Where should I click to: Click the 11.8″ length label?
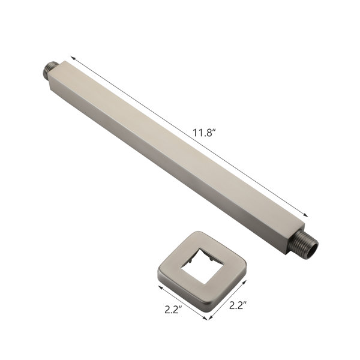point(204,133)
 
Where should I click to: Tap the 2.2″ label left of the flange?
point(173,310)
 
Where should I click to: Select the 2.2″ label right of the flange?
point(238,305)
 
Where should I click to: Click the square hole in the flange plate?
point(202,266)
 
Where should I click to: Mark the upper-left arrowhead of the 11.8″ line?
point(73,58)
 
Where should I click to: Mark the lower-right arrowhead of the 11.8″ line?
point(305,215)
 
